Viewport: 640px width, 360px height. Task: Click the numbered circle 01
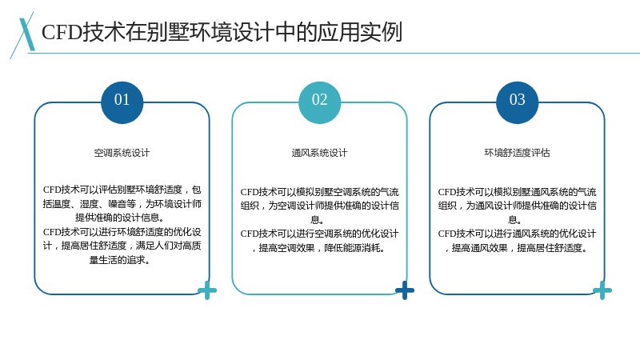point(122,102)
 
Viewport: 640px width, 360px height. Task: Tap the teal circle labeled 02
point(319,102)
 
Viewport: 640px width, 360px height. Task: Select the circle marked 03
point(517,102)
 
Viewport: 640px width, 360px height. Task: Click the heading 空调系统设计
point(122,153)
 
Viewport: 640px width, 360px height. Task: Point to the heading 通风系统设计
point(319,153)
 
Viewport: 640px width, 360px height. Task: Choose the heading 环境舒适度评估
point(517,153)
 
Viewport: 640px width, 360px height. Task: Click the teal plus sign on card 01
point(207,290)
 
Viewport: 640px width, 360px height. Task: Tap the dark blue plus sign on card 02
point(405,290)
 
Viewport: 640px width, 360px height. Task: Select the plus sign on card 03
point(602,290)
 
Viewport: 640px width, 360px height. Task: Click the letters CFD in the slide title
point(62,32)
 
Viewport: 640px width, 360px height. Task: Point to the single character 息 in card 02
point(315,220)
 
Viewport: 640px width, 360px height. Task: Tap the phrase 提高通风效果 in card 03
point(479,248)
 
